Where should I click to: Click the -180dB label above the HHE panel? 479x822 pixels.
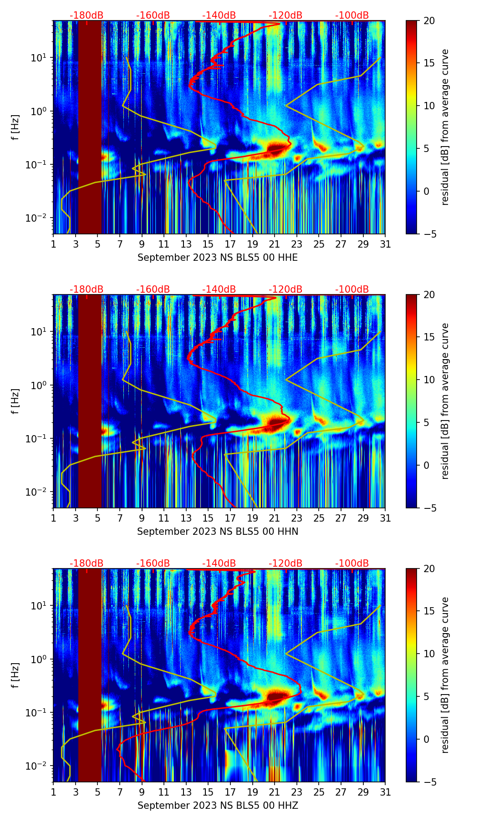click(x=87, y=15)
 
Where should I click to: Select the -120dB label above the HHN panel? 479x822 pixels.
click(x=285, y=289)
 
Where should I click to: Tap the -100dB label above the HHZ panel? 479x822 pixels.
click(x=352, y=563)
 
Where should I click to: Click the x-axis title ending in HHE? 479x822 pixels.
click(x=218, y=258)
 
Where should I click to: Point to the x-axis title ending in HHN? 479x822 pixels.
click(x=218, y=531)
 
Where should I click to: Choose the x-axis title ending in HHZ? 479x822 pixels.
click(x=218, y=805)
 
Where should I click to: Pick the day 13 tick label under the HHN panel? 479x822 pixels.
click(x=186, y=518)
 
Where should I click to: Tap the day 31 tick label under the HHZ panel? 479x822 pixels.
click(x=385, y=792)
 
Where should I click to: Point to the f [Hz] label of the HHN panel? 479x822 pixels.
click(x=15, y=401)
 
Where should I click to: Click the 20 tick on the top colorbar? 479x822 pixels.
click(x=429, y=21)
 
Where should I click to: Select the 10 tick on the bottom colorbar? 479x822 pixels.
click(x=429, y=654)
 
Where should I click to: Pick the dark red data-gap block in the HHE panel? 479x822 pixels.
click(x=90, y=127)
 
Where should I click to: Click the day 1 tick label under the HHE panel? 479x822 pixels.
click(x=54, y=244)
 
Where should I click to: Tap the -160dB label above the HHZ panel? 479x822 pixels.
click(x=153, y=563)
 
